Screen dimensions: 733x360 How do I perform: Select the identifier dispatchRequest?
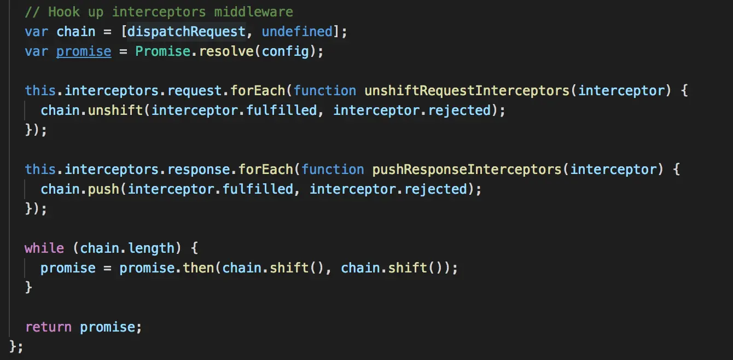click(x=187, y=32)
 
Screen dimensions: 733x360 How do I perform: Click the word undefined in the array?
click(x=297, y=32)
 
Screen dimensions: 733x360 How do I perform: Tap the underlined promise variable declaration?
click(x=84, y=51)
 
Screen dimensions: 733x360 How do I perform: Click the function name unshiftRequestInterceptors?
click(x=468, y=90)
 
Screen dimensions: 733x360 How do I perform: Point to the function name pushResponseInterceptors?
click(x=467, y=169)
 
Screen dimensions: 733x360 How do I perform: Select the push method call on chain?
click(x=104, y=189)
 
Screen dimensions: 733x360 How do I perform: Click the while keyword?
click(x=44, y=248)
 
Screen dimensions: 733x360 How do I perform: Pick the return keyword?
click(x=48, y=327)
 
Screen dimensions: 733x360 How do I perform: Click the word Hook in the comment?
click(x=64, y=11)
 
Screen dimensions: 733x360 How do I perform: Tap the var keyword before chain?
click(x=36, y=32)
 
